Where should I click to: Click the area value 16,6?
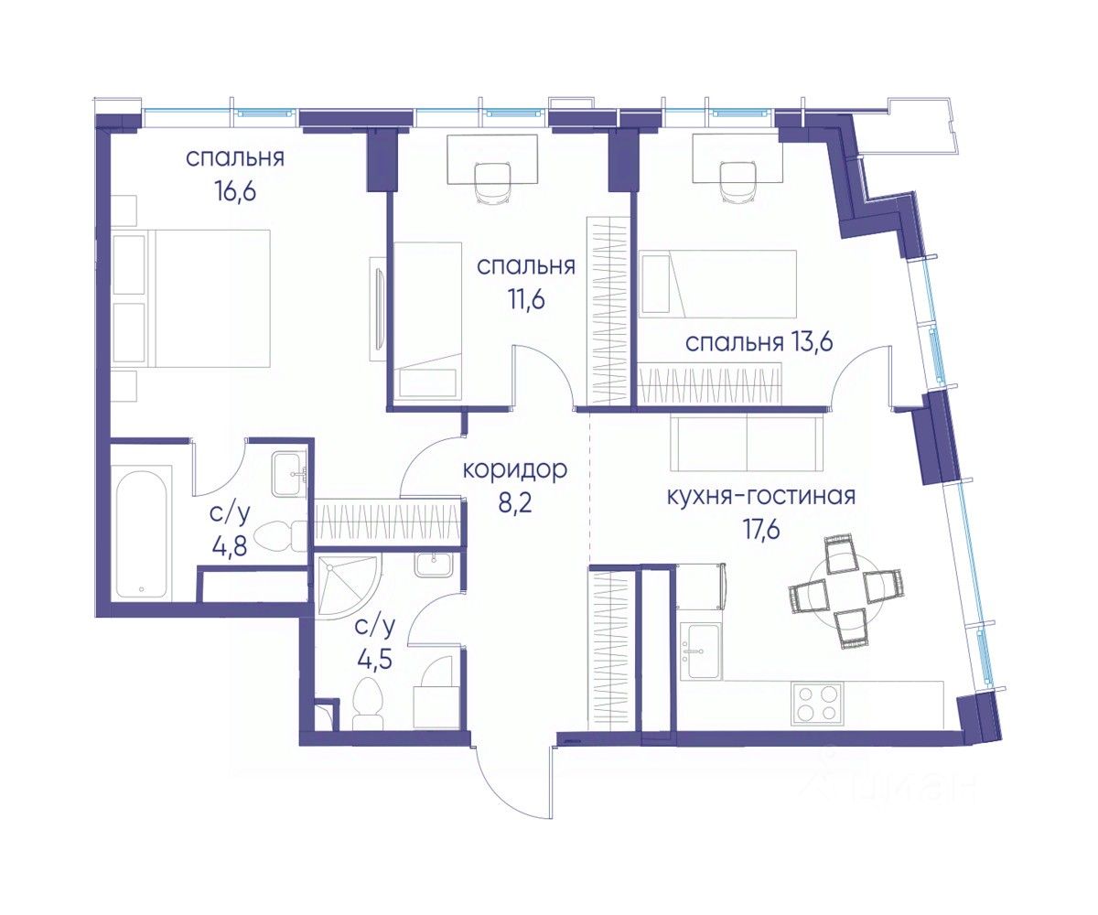(x=235, y=191)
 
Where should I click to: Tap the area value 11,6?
(x=526, y=300)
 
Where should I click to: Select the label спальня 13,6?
(x=759, y=344)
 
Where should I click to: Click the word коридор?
(x=515, y=469)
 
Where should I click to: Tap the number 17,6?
(x=761, y=529)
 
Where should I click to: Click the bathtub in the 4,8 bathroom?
(x=142, y=533)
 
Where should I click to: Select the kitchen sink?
(x=701, y=650)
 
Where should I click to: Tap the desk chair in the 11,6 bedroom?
(x=493, y=181)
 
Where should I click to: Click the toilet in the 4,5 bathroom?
(x=368, y=703)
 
